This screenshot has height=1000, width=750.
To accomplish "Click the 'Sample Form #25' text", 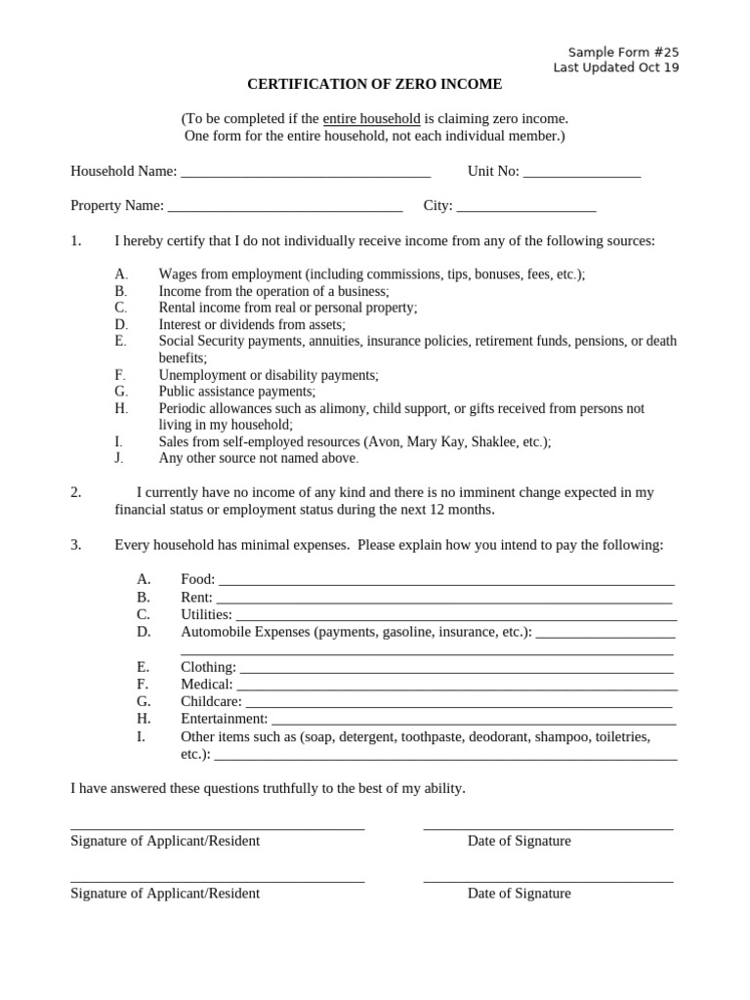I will click(x=623, y=52).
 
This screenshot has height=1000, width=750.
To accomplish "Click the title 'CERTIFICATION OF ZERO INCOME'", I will click(x=375, y=85).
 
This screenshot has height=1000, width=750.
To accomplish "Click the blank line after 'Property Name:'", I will click(x=285, y=207).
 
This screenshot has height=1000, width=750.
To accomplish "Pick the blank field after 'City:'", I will click(x=526, y=207).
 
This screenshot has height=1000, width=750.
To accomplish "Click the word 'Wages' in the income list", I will click(x=178, y=274).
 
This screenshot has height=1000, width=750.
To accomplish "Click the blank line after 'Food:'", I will click(x=445, y=581).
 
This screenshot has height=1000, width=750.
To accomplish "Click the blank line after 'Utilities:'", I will click(x=455, y=616).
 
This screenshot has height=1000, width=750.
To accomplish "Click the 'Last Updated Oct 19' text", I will click(x=616, y=67).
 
